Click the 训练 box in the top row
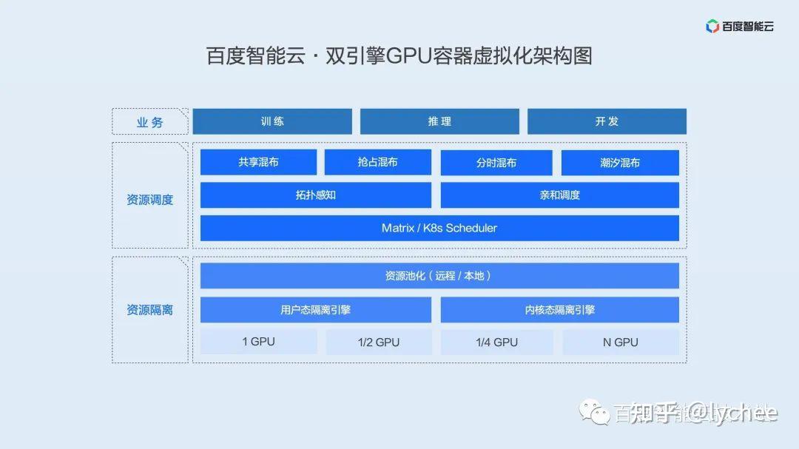pos(272,121)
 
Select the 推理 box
pos(439,121)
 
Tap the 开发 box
pos(607,121)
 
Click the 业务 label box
pos(150,122)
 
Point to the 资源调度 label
pos(150,200)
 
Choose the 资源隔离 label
pos(150,310)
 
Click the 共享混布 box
pos(258,162)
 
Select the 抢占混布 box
pos(377,162)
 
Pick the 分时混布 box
pos(496,163)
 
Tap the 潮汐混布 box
pos(620,163)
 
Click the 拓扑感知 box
pos(315,195)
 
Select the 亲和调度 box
pos(559,195)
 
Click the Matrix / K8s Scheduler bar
pos(439,228)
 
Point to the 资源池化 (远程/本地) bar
pos(439,276)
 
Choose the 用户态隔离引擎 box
pos(315,310)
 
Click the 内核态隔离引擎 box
pos(559,310)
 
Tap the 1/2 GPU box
pos(378,342)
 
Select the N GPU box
pos(620,342)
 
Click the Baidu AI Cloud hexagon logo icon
pos(712,27)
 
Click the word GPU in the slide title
pos(418,56)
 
